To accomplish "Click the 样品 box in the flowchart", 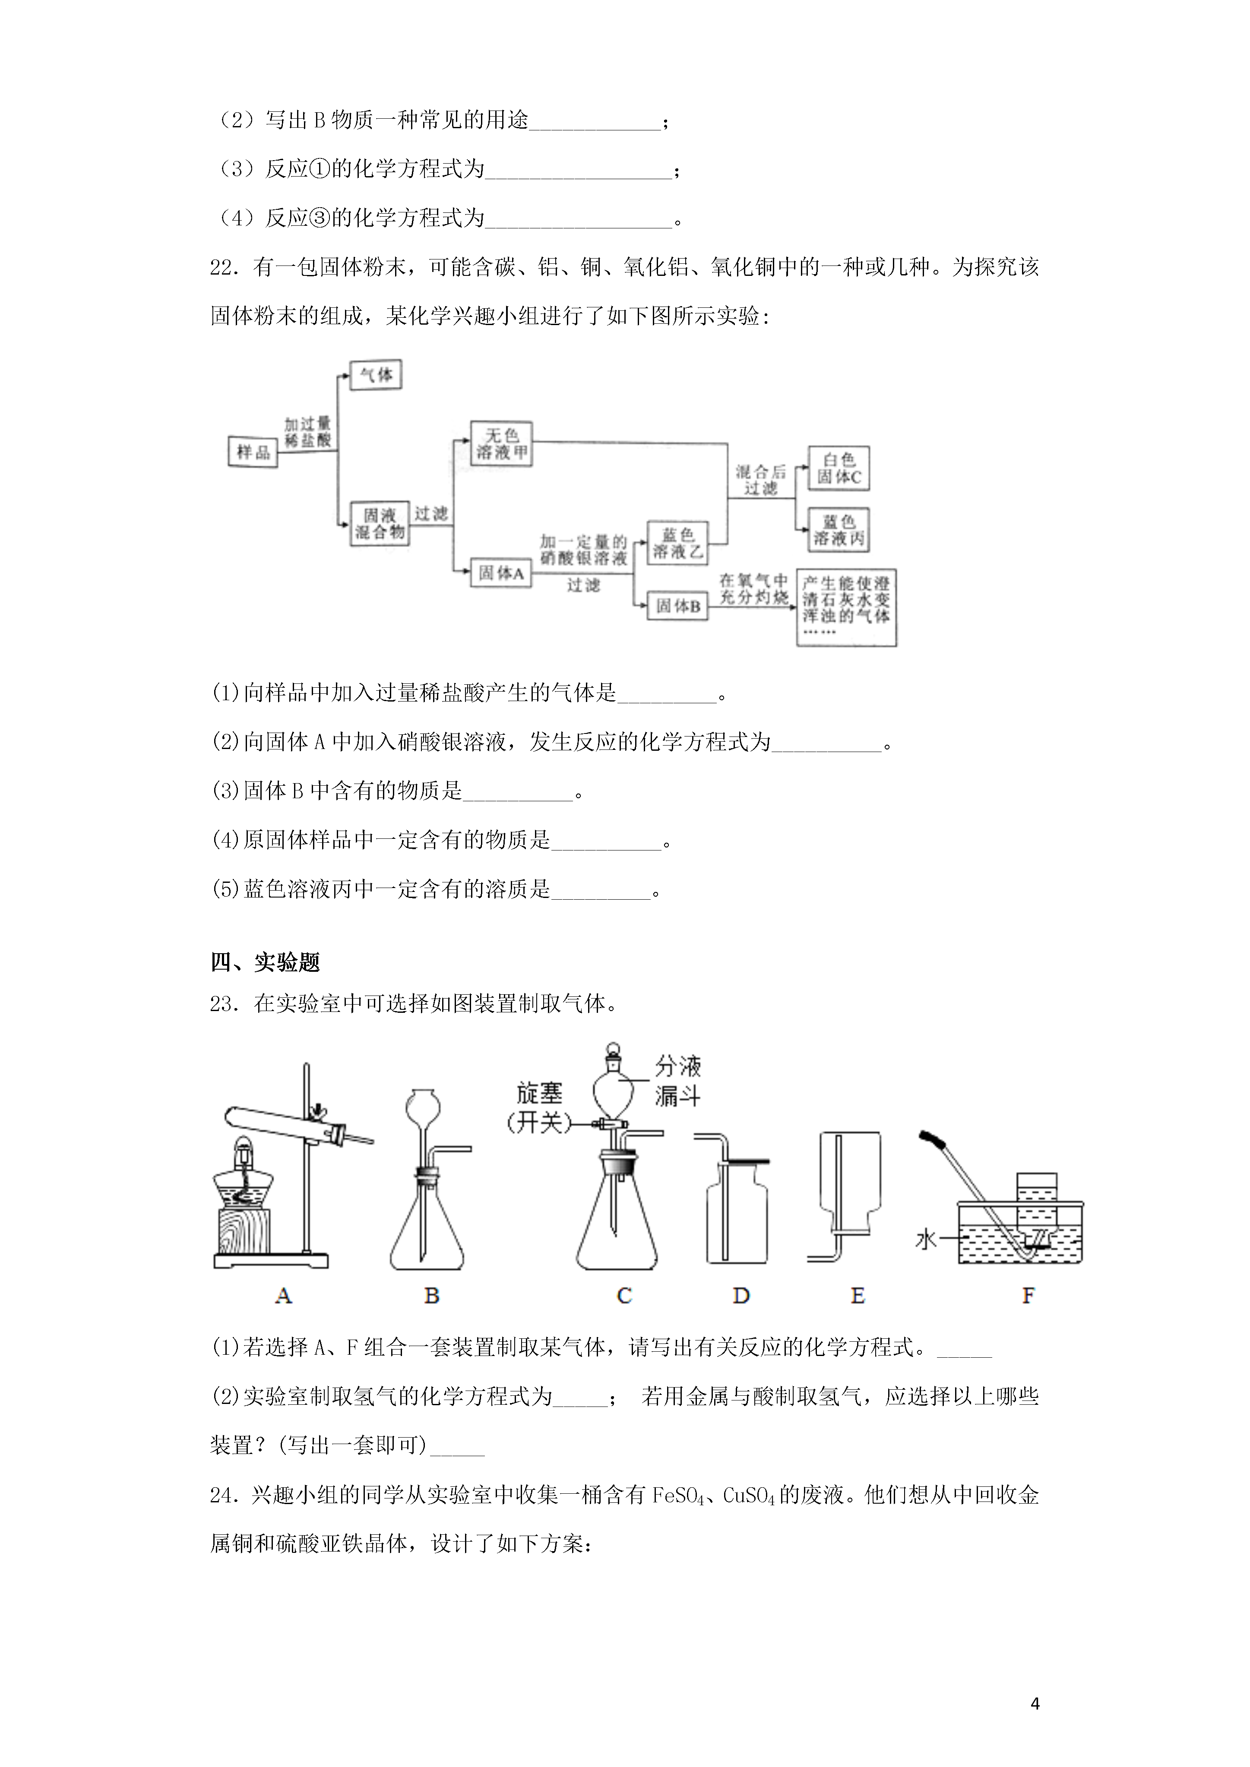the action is (x=253, y=452).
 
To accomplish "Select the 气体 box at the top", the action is (x=376, y=375).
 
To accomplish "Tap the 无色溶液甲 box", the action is (x=501, y=443).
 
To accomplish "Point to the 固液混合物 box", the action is (x=380, y=523).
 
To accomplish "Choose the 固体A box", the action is (x=501, y=572).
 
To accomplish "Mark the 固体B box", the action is (x=677, y=607).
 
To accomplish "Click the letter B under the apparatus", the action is (x=432, y=1296).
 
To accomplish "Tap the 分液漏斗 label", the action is (x=678, y=1081).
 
